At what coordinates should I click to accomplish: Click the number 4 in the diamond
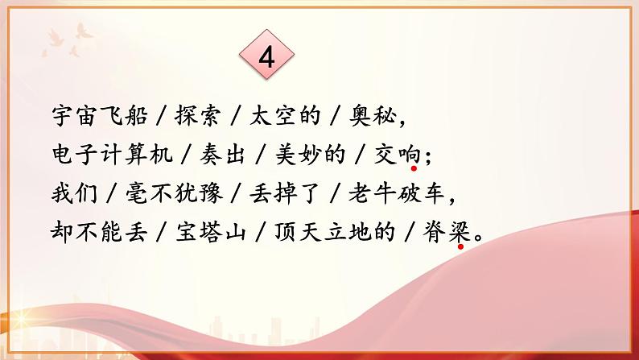coord(268,57)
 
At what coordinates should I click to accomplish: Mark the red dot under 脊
coord(460,248)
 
